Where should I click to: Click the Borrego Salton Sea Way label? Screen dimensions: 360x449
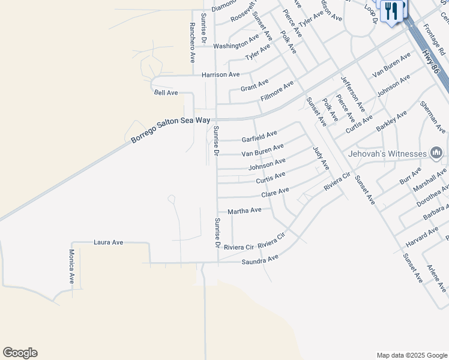(x=171, y=130)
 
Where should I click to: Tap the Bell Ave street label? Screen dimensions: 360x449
(x=166, y=92)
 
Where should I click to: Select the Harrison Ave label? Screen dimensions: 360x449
(x=220, y=74)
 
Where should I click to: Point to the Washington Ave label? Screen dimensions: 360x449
(x=236, y=45)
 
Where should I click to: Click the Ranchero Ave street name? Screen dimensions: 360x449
(x=192, y=43)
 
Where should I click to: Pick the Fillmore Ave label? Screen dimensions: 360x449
(x=277, y=90)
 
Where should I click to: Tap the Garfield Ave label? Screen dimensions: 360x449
(x=259, y=137)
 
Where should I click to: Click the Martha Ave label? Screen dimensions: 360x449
(x=244, y=211)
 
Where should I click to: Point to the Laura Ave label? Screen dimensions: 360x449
(x=108, y=242)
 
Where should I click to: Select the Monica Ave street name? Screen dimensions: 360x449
(x=71, y=266)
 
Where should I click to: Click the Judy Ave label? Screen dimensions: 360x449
(x=321, y=158)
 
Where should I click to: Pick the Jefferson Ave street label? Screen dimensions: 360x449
(x=352, y=92)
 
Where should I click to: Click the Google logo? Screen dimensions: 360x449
(x=20, y=353)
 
